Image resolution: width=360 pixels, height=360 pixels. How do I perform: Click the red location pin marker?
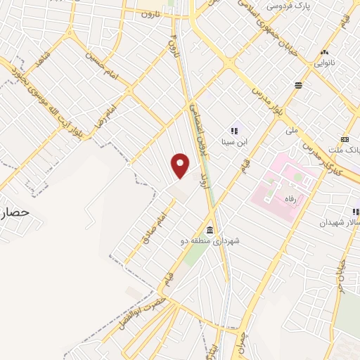(x=181, y=165)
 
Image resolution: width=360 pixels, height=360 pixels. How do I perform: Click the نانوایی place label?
(x=324, y=62)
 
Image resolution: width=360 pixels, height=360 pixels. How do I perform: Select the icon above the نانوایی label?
(x=324, y=51)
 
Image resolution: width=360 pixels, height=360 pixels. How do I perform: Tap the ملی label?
(x=292, y=130)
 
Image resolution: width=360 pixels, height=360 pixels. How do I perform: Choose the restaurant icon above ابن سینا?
(x=234, y=130)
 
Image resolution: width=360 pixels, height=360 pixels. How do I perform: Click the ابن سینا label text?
(x=233, y=141)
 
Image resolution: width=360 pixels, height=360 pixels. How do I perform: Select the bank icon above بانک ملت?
(x=345, y=139)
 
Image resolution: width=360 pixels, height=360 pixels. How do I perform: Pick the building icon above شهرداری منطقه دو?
(x=210, y=231)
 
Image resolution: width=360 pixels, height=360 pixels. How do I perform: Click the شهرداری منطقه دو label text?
(x=209, y=241)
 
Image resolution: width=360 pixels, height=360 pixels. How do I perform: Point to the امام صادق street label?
(x=157, y=226)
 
